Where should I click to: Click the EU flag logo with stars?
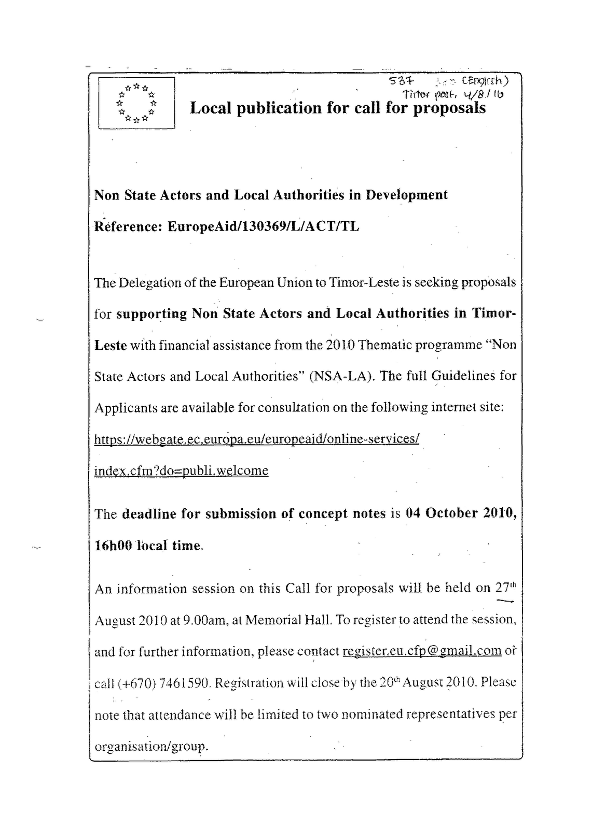point(136,103)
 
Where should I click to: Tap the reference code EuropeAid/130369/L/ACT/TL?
point(263,226)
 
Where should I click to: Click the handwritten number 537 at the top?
point(400,81)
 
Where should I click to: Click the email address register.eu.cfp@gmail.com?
point(422,651)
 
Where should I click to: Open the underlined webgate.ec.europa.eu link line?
point(256,439)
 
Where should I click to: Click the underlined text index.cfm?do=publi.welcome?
point(181,470)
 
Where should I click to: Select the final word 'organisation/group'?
point(150,747)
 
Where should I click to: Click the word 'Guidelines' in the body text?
point(463,376)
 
